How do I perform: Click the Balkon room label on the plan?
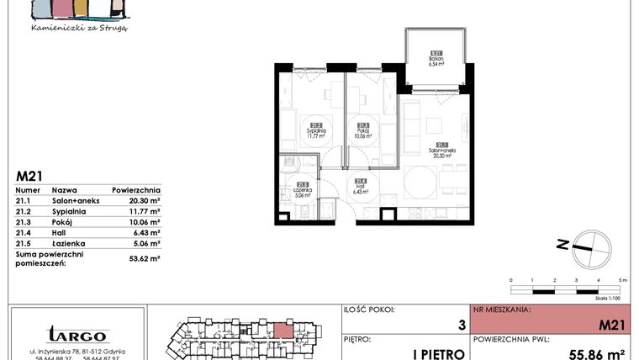pos(436,58)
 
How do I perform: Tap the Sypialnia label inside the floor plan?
pos(317,129)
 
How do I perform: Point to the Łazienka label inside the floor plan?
pos(304,189)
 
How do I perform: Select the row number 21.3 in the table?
pos(25,223)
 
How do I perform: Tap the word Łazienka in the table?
pos(66,245)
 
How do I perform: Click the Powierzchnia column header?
pos(135,190)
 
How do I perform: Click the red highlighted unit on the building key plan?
pos(285,330)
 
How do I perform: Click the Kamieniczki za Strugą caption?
pos(79,27)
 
